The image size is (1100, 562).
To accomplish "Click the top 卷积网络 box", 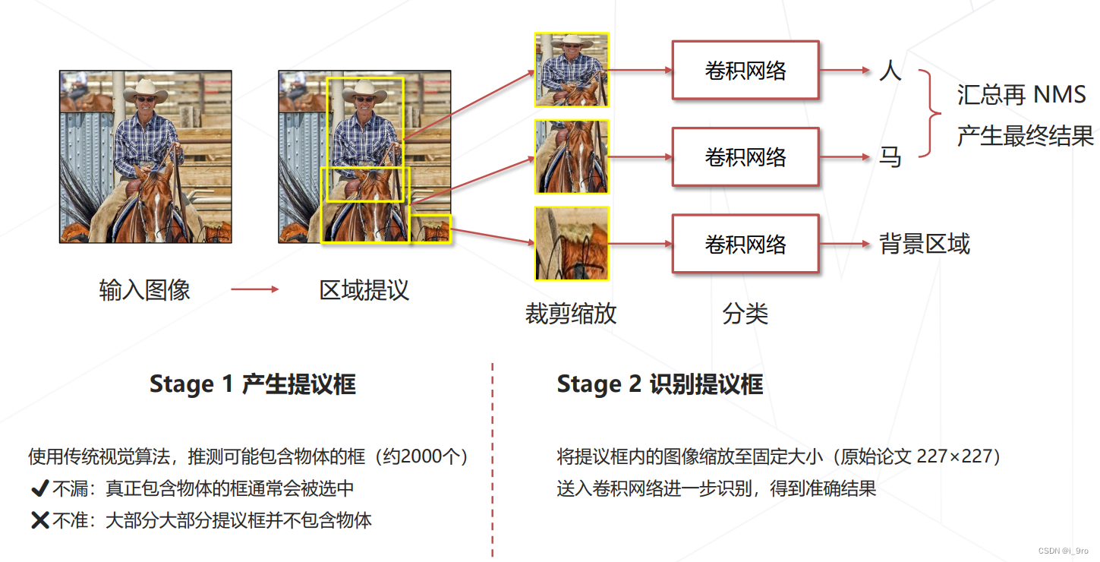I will coord(745,71).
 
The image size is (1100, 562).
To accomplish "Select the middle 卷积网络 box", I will coord(745,157).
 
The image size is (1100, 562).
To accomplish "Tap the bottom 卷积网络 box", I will coord(745,244).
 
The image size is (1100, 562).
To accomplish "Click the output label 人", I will coord(890,71).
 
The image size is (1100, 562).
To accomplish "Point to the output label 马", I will coord(890,157).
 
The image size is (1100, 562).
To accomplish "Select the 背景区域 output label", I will coord(925,244).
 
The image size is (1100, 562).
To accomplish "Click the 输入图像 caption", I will coord(144,289).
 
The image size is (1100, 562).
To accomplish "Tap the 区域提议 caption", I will coord(364,289).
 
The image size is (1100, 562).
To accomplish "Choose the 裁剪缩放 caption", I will coord(571,314).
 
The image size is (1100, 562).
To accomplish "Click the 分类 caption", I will coord(745,314).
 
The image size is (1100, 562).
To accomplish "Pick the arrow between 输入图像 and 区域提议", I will coord(255,289).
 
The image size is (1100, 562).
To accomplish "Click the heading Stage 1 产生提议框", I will coord(252,384).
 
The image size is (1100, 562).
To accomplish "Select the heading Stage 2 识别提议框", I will coord(660,384).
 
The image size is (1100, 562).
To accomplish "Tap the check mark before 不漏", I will coord(39,488).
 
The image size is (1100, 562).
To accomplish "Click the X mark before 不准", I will coord(39,520).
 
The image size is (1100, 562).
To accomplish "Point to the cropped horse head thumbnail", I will coord(572,157).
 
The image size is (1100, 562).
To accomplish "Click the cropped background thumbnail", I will coord(572,244).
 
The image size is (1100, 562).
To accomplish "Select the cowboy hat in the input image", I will coord(144,90).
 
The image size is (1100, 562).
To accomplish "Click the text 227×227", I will coord(959,456).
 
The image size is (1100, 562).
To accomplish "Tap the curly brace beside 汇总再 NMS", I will coord(930,114).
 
